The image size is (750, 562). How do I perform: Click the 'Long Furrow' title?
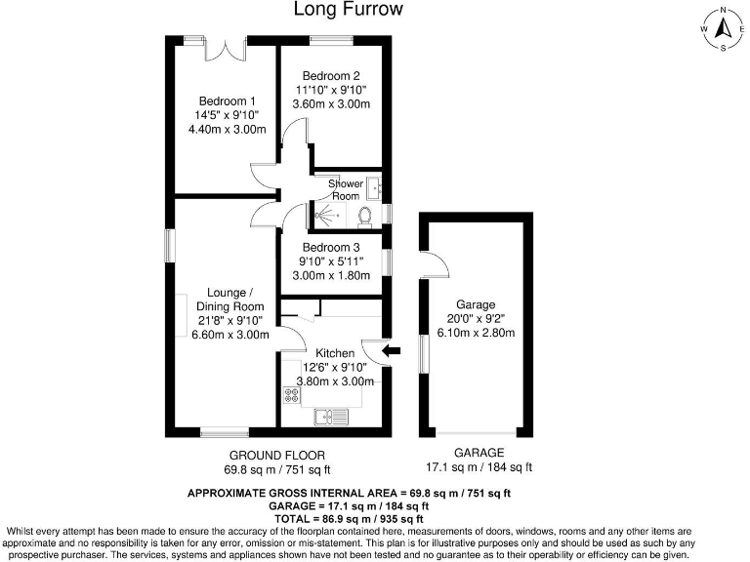coord(348,10)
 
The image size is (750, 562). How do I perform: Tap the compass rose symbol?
coord(722,28)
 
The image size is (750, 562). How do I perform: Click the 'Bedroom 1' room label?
coord(227,100)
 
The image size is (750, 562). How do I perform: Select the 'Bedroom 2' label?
coord(330,76)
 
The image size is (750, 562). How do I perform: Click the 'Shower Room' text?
coord(345,189)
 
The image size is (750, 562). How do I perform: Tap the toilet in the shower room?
coord(366,215)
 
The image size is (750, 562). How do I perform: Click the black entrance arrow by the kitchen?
coord(391,349)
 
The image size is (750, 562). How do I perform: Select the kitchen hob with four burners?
coord(291,395)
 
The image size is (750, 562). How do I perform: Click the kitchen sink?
coord(332,418)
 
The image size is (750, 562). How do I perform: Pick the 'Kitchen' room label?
coord(334,352)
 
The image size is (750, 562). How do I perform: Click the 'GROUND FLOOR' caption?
coord(277,456)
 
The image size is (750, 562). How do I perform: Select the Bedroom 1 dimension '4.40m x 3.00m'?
coord(227,129)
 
